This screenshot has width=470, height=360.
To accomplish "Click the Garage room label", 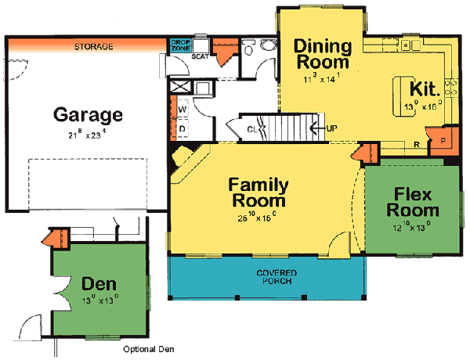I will [x=88, y=115].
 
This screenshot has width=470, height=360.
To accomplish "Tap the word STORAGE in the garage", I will [x=93, y=47].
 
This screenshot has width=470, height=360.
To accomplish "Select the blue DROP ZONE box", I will [x=180, y=45].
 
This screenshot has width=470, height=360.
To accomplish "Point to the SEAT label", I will [x=199, y=56].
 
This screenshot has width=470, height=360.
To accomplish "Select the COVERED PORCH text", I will [x=267, y=278].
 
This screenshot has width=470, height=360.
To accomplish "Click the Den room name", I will [x=98, y=281].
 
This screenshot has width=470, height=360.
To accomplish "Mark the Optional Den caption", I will [x=149, y=349].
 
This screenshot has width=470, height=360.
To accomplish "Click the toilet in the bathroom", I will [x=249, y=49].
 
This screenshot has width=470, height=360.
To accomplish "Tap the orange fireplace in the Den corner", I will [x=57, y=236].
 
